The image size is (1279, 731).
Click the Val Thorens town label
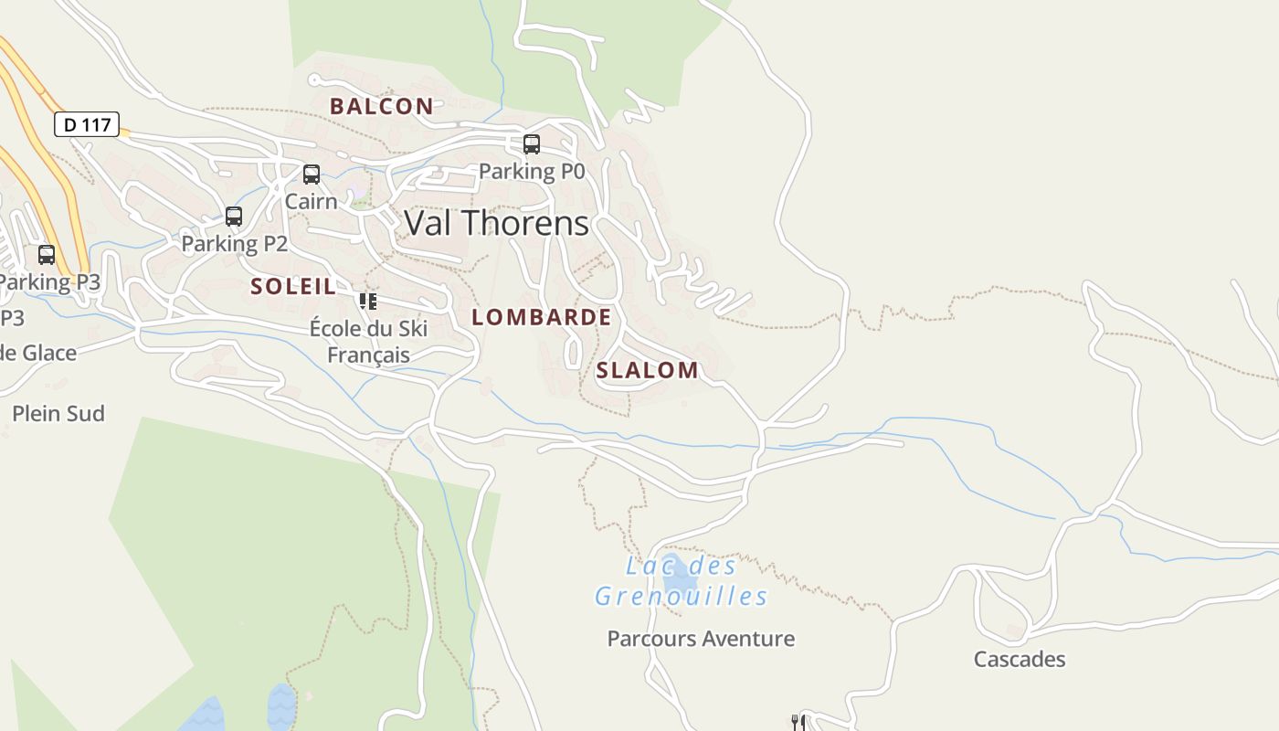coord(496,223)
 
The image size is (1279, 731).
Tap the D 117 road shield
coord(87,124)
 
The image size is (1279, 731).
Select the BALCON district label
coord(381,106)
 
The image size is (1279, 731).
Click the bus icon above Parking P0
coord(531,144)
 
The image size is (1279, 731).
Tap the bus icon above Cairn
coord(312,175)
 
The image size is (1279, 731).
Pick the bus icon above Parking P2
coord(234,217)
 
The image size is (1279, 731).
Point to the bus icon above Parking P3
coord(47,255)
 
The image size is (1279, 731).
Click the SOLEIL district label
coord(293,286)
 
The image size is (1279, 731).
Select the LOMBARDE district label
coord(541,317)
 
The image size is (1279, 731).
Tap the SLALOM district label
coord(647,370)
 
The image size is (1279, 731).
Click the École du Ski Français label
coord(368,341)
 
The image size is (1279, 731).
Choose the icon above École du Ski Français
coord(368,302)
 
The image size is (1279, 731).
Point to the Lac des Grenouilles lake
coord(679,575)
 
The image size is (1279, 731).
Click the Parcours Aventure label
coord(701,639)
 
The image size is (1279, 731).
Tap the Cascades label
coord(1019,659)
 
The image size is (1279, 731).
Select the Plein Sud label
coord(58,413)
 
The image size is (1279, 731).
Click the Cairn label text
coord(311,201)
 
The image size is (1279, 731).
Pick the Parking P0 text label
coord(531,171)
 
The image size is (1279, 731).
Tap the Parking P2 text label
coord(234,243)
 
